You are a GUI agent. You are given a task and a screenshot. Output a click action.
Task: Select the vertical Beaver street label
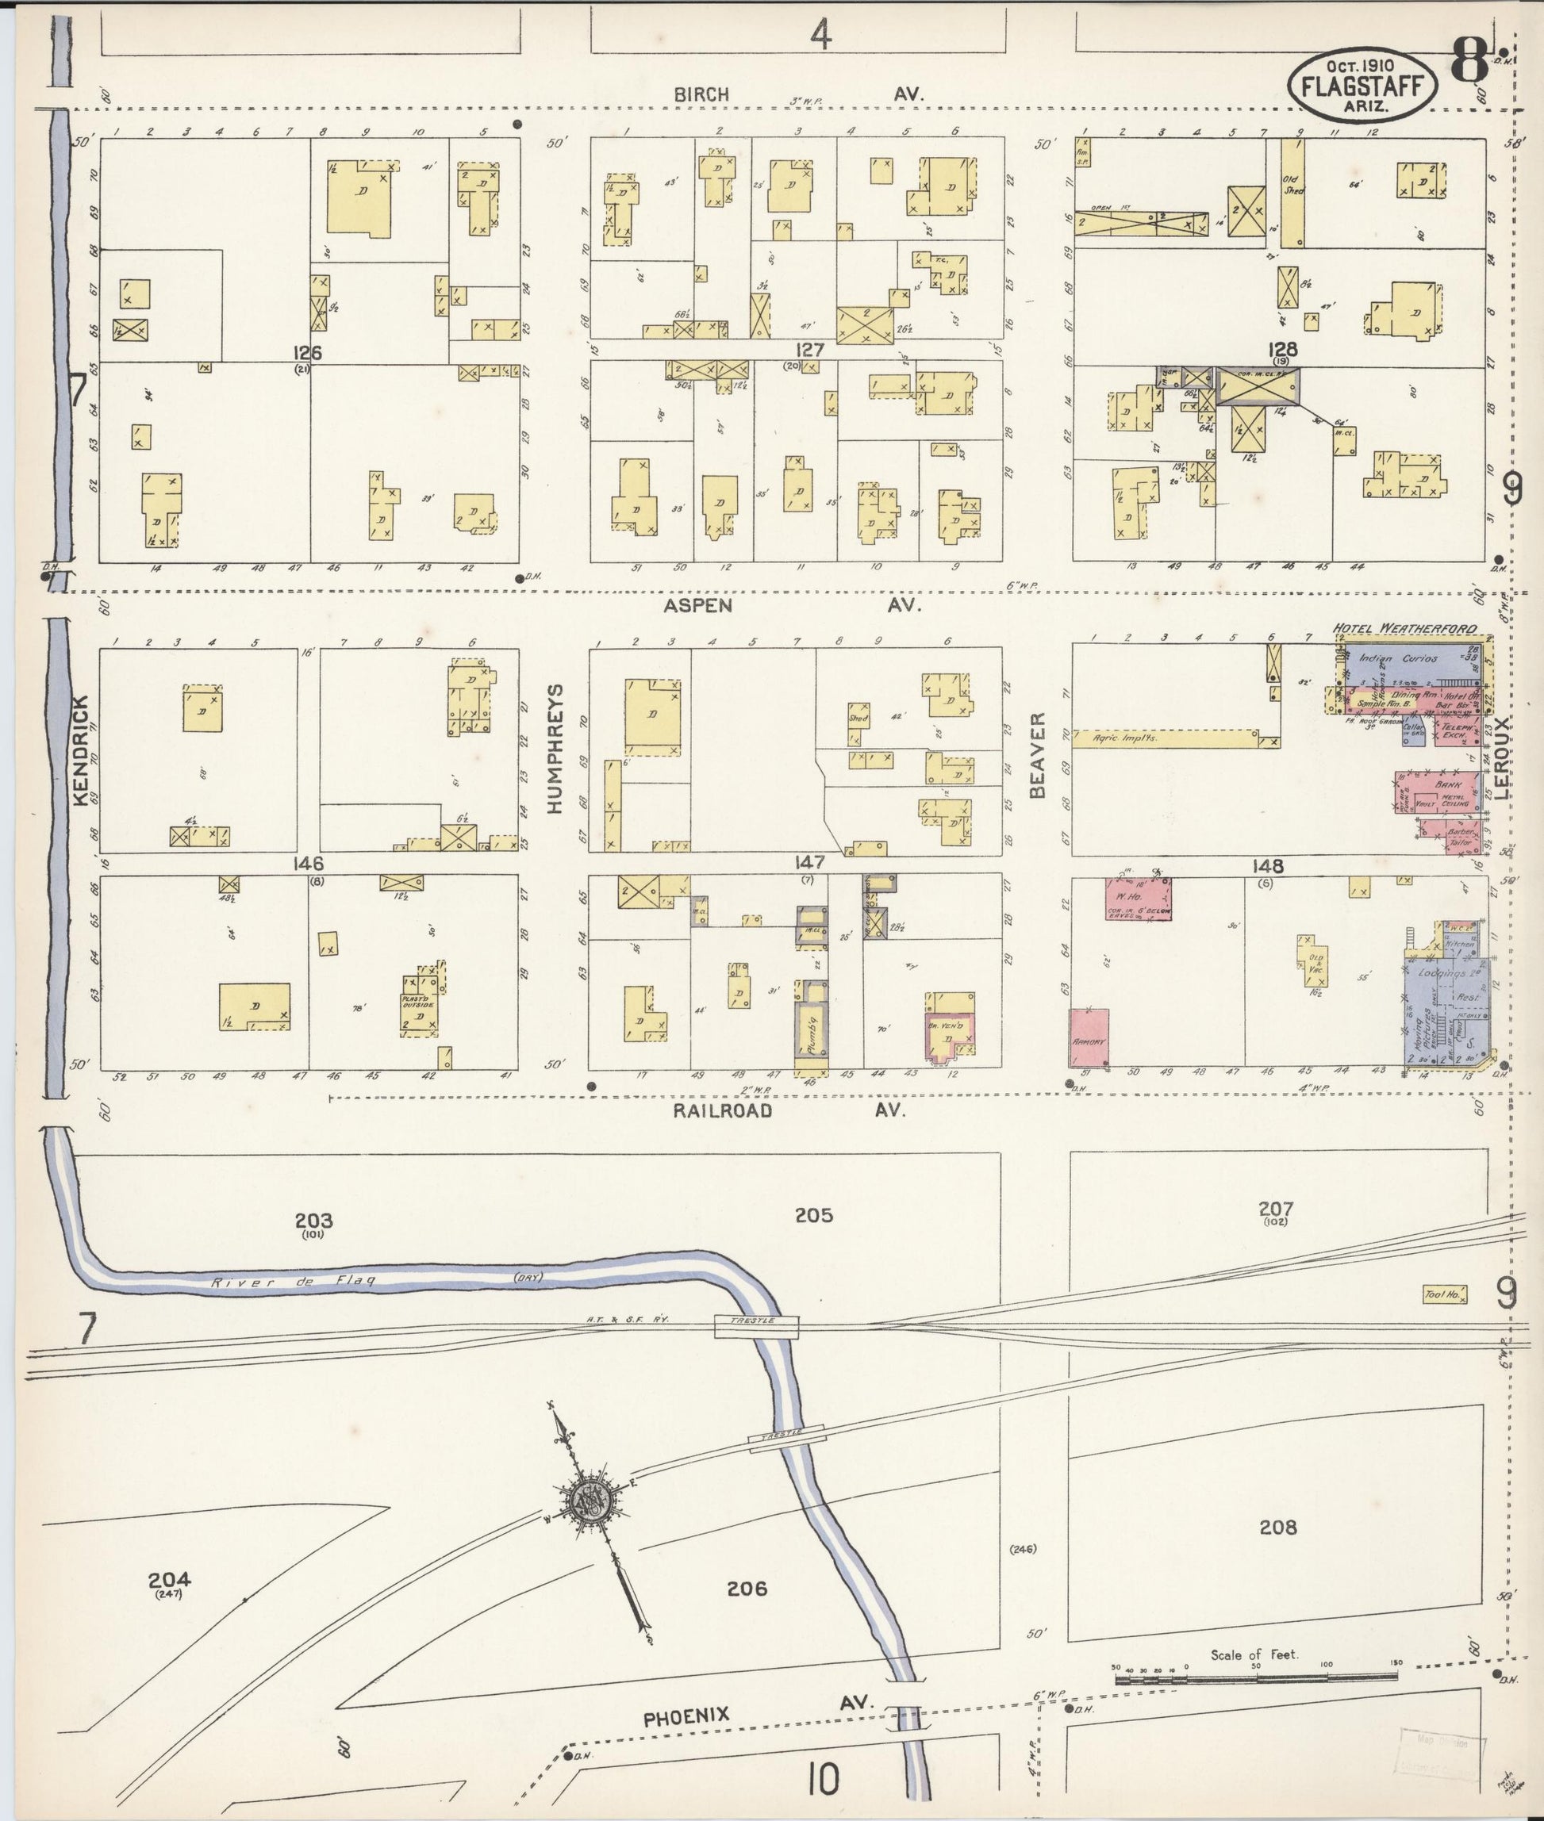[1038, 755]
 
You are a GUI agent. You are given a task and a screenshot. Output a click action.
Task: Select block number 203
[313, 1221]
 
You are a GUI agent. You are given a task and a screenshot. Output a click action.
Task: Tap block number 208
[1277, 1528]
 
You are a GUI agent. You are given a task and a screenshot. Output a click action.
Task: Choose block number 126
[308, 354]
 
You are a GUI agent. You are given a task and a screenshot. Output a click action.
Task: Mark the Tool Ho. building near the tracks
[1445, 1294]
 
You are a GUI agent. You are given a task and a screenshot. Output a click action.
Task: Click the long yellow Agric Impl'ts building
[1164, 738]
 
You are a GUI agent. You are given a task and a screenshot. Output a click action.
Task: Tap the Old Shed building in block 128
[1292, 193]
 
